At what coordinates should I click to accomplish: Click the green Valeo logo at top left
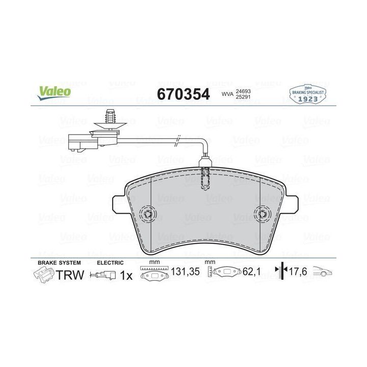tap(54, 93)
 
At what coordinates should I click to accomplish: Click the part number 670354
tap(183, 94)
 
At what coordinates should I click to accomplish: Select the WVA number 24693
tap(243, 91)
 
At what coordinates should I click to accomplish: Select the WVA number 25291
tap(243, 97)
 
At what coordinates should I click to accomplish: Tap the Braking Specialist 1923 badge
tap(307, 94)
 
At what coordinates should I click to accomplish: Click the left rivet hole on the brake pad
tap(147, 214)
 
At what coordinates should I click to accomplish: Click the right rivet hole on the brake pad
tap(263, 214)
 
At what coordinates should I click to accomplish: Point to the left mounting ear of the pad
tap(120, 204)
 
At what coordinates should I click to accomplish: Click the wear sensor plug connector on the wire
tap(83, 142)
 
